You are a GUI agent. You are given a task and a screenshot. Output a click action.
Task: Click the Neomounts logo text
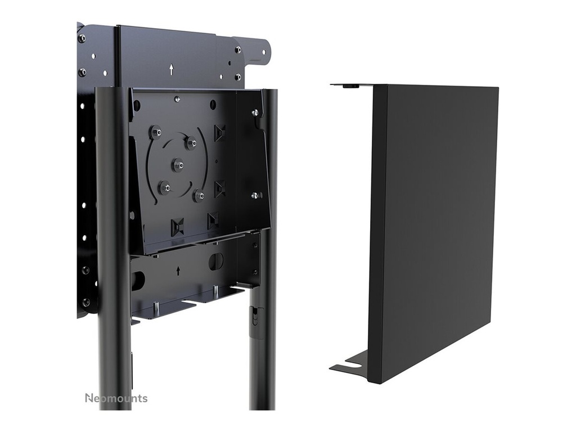116,398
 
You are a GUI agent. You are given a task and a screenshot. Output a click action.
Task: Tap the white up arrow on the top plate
172,70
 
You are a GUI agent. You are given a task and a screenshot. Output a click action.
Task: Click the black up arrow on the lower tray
178,271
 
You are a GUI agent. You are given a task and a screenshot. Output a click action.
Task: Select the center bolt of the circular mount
178,165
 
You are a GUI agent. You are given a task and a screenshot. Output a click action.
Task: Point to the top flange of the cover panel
351,85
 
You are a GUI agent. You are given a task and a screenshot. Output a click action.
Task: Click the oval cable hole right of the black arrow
216,261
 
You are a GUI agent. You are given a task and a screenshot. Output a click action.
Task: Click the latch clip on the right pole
255,317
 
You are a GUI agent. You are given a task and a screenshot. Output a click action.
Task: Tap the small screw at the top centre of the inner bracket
177,99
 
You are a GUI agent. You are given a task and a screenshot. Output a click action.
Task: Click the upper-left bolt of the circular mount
156,133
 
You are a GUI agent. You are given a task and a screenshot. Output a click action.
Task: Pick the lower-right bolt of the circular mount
199,196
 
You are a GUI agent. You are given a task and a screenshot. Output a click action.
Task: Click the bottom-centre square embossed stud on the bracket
177,227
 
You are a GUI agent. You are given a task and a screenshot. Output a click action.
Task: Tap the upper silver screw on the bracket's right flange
255,114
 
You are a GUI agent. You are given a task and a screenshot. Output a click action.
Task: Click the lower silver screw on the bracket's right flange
255,196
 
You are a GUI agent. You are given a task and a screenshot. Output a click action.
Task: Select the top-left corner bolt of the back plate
82,38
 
